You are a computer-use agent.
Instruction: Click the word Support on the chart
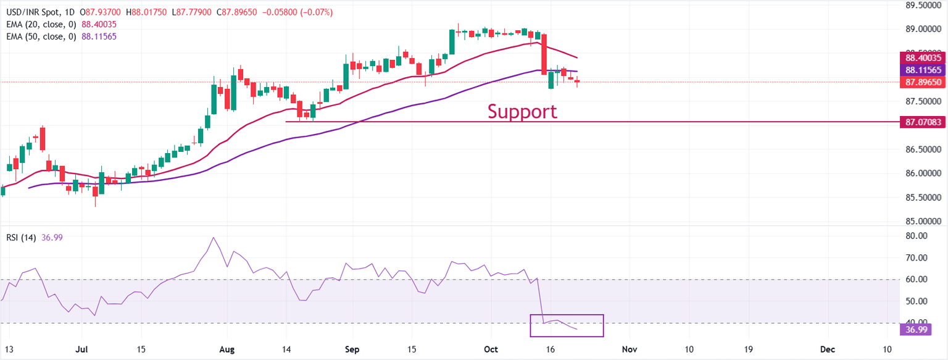point(522,112)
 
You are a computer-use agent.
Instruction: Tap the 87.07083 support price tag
point(923,122)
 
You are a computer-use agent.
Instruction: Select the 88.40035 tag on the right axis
point(923,57)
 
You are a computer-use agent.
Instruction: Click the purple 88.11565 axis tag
point(923,70)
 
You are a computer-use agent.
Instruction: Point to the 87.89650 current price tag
point(923,82)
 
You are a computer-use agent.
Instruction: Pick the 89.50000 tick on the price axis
point(923,5)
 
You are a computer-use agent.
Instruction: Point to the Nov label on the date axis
point(629,350)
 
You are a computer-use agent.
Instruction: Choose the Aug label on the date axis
point(228,350)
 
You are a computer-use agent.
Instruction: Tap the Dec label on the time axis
point(827,350)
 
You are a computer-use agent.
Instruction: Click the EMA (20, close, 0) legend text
point(39,24)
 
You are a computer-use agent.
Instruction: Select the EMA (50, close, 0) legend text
point(39,36)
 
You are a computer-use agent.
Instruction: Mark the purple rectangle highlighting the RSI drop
point(567,325)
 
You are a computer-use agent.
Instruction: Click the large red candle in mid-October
point(544,54)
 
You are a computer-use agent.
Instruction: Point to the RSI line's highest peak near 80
point(214,238)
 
